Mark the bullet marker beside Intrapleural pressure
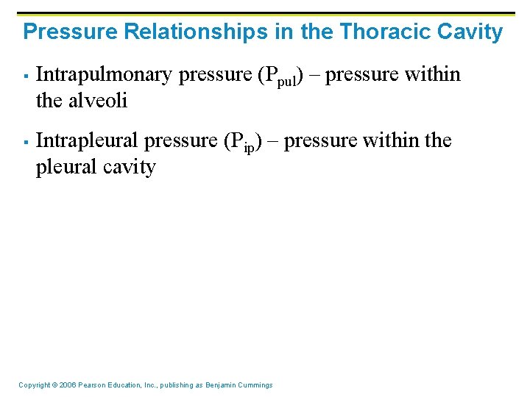click(25, 141)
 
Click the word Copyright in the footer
click(34, 385)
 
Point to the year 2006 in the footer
click(68, 385)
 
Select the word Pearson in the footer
click(93, 385)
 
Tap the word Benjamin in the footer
click(222, 385)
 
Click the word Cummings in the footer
click(256, 385)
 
